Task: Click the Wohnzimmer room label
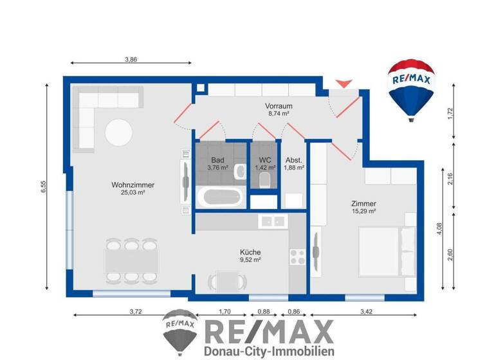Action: click(x=133, y=185)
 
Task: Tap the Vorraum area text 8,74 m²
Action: click(x=279, y=113)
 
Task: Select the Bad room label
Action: click(x=217, y=159)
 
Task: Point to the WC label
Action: click(x=265, y=159)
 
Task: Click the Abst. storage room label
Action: click(x=293, y=159)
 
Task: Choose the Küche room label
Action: click(x=250, y=252)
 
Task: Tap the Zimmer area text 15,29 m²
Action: click(x=363, y=210)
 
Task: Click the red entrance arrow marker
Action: click(x=345, y=83)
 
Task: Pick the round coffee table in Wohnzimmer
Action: click(x=120, y=133)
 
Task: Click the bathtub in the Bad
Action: click(x=220, y=197)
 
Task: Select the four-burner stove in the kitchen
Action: click(x=297, y=256)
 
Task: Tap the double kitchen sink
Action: click(x=272, y=221)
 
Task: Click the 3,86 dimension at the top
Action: click(x=131, y=59)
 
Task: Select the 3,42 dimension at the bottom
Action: click(x=365, y=311)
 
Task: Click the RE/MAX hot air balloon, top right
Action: click(x=410, y=88)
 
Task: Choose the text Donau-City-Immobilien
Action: click(x=269, y=351)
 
